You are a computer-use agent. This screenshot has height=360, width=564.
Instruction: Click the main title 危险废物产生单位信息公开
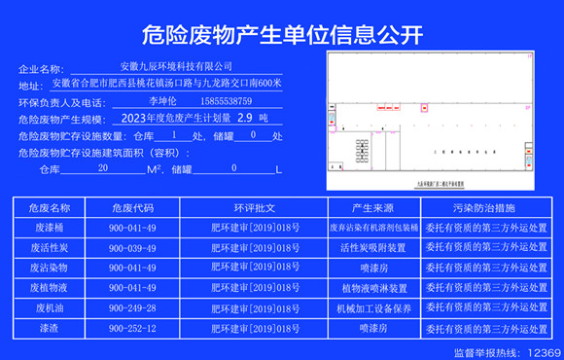(282, 36)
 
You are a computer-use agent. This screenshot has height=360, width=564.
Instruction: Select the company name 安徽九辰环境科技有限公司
(183, 66)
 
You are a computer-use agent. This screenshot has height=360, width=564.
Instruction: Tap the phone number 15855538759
(225, 100)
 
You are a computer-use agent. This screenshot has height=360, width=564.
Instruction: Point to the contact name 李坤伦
(162, 100)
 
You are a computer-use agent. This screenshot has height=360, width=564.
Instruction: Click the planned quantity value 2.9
(230, 118)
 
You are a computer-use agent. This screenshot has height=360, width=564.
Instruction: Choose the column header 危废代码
(132, 208)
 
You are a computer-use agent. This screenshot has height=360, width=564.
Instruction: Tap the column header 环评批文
(255, 208)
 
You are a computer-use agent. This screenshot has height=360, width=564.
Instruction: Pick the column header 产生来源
(372, 208)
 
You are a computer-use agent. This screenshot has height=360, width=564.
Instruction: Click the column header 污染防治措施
(485, 208)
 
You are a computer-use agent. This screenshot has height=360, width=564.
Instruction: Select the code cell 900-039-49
(132, 247)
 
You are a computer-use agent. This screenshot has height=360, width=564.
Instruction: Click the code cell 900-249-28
(132, 308)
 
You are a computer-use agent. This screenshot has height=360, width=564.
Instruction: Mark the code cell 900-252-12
(132, 329)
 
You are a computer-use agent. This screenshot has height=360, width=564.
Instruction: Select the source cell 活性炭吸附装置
(372, 247)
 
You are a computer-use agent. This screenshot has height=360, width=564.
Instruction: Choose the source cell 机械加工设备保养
(372, 308)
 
